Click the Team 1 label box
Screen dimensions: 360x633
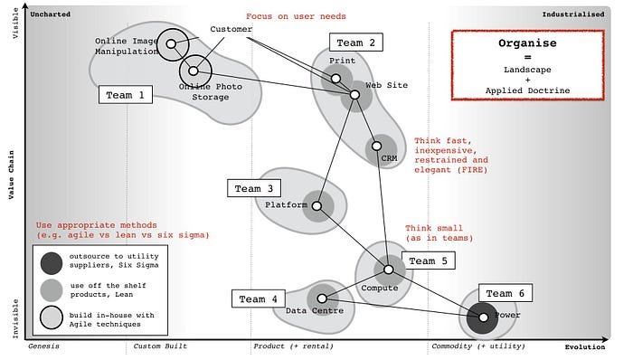tap(125, 95)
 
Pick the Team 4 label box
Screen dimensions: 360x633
tap(260, 299)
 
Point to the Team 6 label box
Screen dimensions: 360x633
tap(505, 294)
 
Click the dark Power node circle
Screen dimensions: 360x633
tap(483, 317)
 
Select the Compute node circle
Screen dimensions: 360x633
tap(389, 269)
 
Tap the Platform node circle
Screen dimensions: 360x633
tap(316, 206)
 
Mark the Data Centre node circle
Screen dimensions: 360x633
tap(322, 298)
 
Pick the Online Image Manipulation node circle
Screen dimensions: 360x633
tap(171, 43)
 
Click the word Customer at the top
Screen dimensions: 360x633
tap(231, 30)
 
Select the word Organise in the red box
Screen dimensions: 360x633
tap(529, 43)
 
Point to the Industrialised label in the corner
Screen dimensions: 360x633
tap(576, 14)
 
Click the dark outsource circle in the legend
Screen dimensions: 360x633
tap(52, 262)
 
